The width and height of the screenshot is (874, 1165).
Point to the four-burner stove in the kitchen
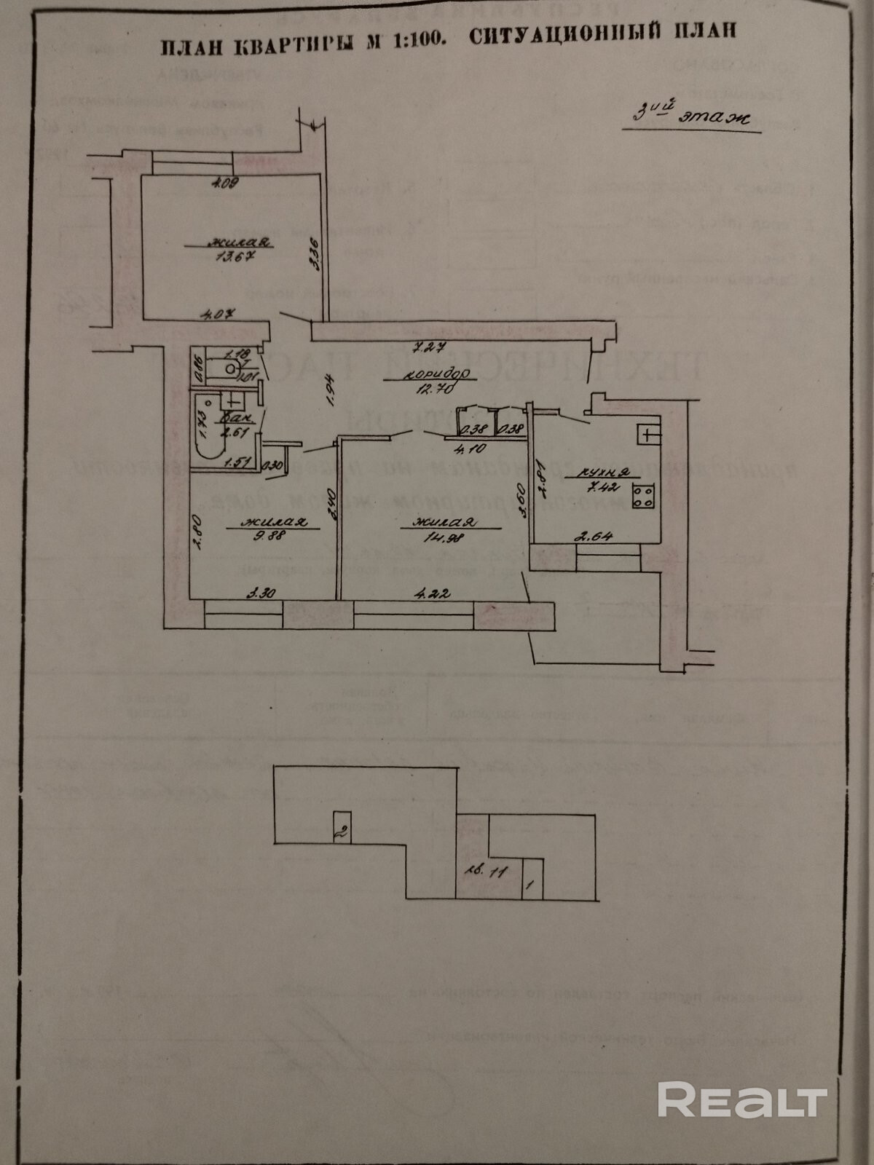tap(643, 497)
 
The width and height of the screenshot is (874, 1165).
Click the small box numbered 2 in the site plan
tap(341, 828)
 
